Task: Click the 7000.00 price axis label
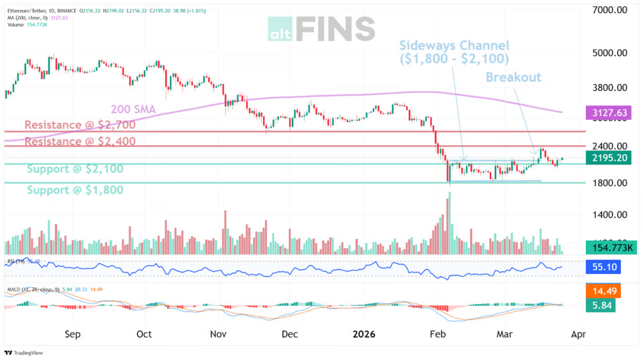(x=612, y=10)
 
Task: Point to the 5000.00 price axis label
(x=612, y=53)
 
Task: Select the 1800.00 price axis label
(x=612, y=183)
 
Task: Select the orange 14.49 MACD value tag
(x=603, y=292)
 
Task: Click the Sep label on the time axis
(x=73, y=335)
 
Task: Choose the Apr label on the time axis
(x=578, y=335)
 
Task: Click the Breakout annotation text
(x=514, y=77)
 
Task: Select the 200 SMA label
(x=133, y=109)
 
